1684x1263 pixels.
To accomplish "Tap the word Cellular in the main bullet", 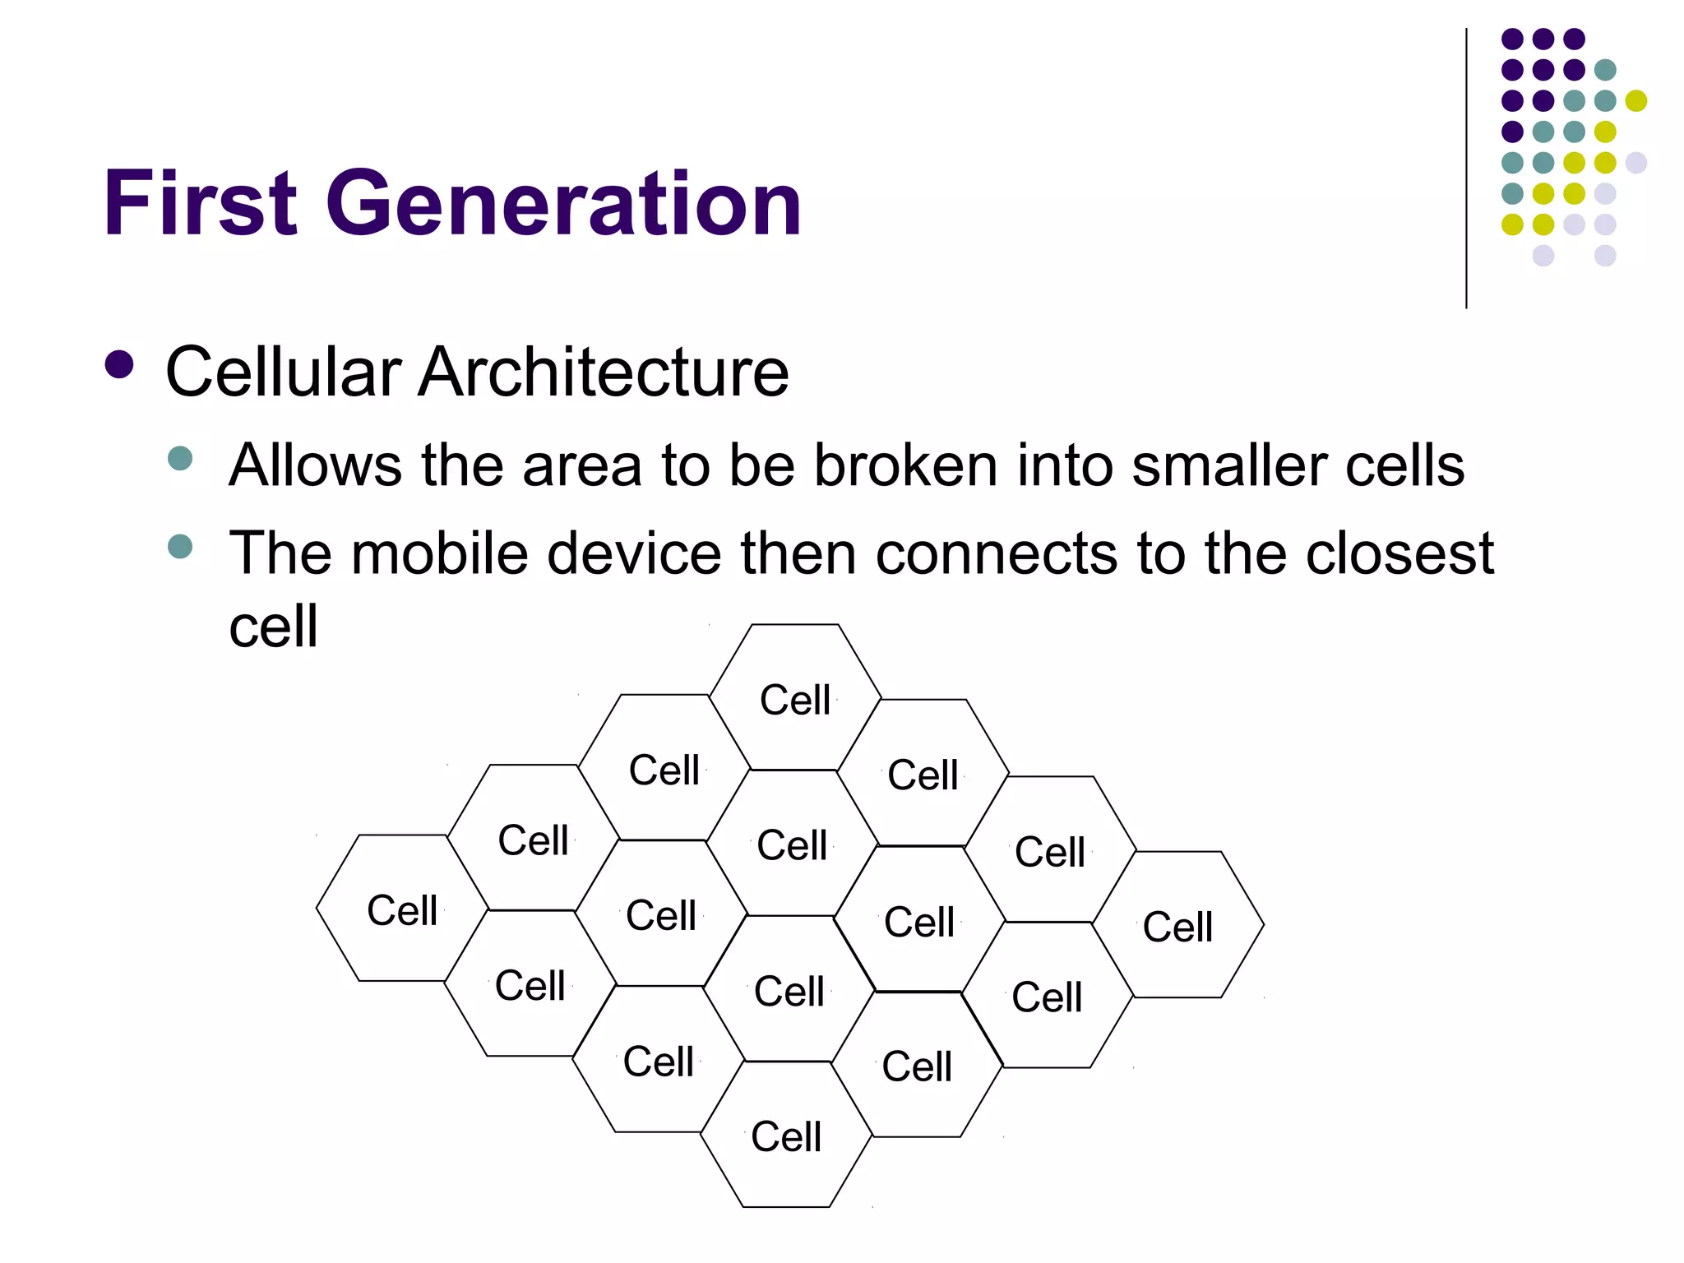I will click(284, 372).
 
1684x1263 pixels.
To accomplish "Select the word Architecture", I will click(604, 372).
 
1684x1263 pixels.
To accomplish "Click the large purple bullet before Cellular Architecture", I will click(120, 365).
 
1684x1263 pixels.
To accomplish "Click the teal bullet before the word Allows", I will click(180, 458).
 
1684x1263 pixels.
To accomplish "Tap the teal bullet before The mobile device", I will click(180, 546).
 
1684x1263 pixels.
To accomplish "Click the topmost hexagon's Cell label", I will click(794, 700).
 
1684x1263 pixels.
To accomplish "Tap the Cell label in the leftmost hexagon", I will click(401, 910).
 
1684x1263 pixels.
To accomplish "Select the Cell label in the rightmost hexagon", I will click(1177, 927).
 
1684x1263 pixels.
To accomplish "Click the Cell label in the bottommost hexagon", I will click(785, 1136).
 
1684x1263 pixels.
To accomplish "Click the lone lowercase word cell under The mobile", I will click(273, 627).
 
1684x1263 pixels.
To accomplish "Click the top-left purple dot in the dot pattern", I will click(1512, 39).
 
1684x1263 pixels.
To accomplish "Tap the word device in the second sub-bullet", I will click(634, 553).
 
